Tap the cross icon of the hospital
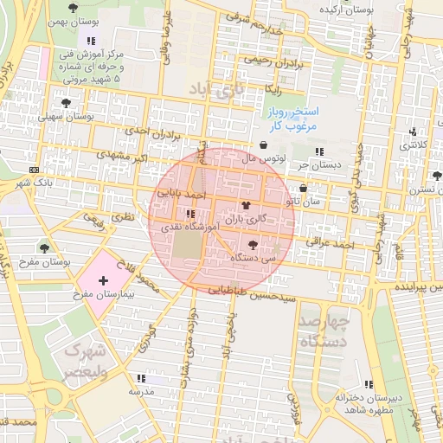tap(104, 280)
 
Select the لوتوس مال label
tap(262, 158)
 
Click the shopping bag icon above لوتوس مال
tap(262, 144)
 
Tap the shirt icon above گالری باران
tap(247, 206)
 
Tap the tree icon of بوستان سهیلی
tap(66, 102)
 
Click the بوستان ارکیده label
tap(370, 9)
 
